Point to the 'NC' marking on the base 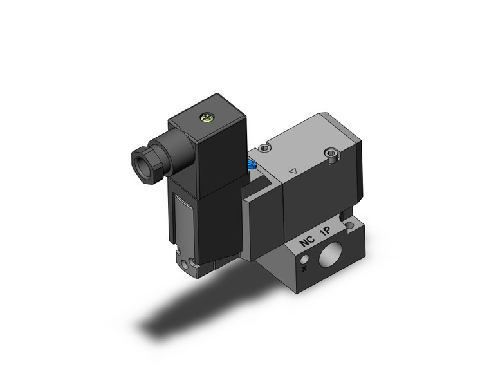click(x=307, y=243)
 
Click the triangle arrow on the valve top click(x=293, y=171)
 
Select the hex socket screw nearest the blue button click(x=266, y=148)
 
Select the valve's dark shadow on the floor click(x=187, y=309)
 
